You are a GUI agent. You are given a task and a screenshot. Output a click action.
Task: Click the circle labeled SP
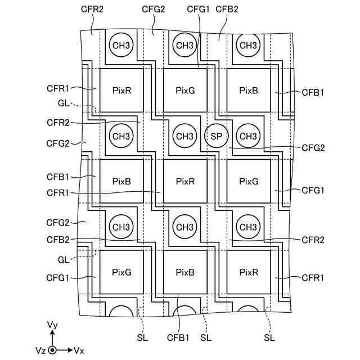click(x=216, y=136)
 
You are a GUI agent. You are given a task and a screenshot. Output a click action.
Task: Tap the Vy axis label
click(x=52, y=325)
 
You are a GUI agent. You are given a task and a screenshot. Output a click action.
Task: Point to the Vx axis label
click(x=79, y=350)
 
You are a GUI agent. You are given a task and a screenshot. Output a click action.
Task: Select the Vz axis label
click(x=41, y=350)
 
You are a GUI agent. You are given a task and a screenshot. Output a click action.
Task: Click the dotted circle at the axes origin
click(x=52, y=350)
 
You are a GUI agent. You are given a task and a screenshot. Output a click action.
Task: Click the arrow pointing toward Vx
click(x=64, y=350)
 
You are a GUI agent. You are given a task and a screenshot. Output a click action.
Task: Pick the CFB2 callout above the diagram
click(x=227, y=9)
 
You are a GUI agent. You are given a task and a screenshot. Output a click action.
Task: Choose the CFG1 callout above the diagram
click(x=198, y=9)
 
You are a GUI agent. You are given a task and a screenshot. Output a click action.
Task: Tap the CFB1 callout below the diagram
click(x=178, y=337)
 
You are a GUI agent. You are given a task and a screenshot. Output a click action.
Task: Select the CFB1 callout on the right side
click(x=313, y=92)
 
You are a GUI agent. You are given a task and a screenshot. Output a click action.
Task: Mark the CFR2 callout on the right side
click(x=313, y=240)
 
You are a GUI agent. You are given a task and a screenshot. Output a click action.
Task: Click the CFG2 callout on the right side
click(x=313, y=148)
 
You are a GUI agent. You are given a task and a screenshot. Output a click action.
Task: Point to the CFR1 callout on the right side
click(x=313, y=278)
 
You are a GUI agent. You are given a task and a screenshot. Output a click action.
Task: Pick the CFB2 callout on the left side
click(x=58, y=240)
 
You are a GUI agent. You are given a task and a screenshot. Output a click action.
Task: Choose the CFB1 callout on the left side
click(x=57, y=177)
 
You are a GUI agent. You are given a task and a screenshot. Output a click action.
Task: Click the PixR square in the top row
click(x=121, y=90)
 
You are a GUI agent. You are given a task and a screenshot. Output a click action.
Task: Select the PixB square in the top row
click(x=249, y=90)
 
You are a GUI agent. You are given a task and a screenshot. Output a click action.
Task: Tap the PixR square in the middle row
click(x=185, y=181)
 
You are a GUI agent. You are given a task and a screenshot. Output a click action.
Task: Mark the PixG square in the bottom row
click(x=121, y=272)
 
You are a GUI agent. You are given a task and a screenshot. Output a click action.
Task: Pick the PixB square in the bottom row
click(x=185, y=272)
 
